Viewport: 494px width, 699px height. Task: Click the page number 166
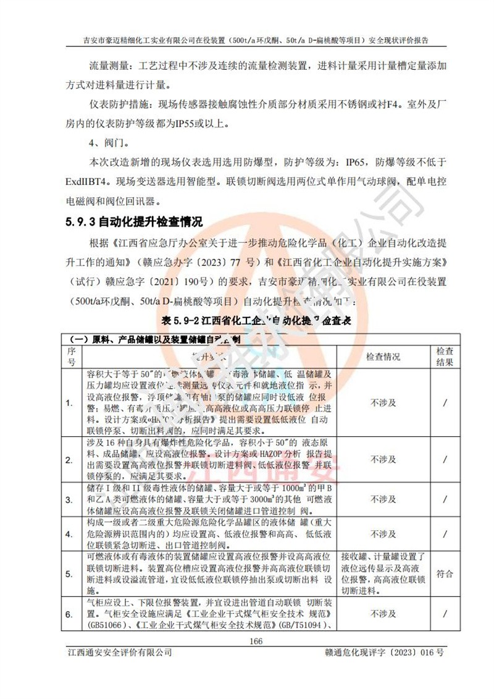point(256,641)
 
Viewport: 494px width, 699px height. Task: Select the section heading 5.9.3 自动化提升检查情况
point(134,221)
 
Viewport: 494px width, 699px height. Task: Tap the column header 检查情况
point(383,357)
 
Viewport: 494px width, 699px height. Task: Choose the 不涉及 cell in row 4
point(383,534)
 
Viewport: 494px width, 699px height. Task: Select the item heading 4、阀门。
point(109,144)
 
